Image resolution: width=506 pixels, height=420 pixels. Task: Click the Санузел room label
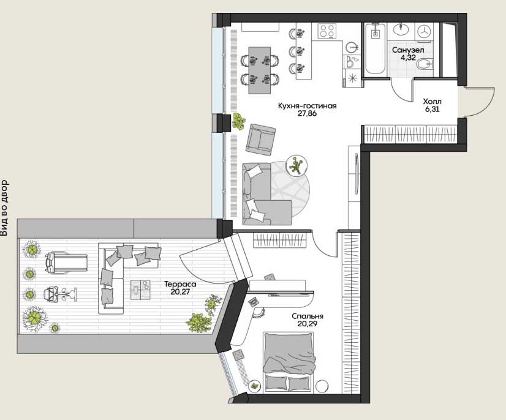click(x=408, y=50)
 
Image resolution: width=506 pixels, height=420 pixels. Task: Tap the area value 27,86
click(x=308, y=113)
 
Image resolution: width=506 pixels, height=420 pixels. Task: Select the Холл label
click(x=432, y=102)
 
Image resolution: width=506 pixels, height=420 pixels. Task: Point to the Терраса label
click(x=180, y=285)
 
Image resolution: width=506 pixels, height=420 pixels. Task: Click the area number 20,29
click(x=308, y=324)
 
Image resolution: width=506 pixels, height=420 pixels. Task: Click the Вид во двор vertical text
click(x=4, y=208)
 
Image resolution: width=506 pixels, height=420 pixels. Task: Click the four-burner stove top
click(x=327, y=31)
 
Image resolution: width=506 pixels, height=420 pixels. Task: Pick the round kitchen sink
click(x=352, y=47)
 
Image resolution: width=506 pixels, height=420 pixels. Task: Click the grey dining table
click(x=260, y=70)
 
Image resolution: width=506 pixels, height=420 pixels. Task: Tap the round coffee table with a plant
click(x=296, y=165)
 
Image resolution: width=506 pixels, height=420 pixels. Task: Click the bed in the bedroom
click(x=289, y=362)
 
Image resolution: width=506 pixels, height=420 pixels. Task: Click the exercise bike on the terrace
click(x=61, y=294)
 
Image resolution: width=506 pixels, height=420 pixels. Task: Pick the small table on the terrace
click(x=140, y=289)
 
